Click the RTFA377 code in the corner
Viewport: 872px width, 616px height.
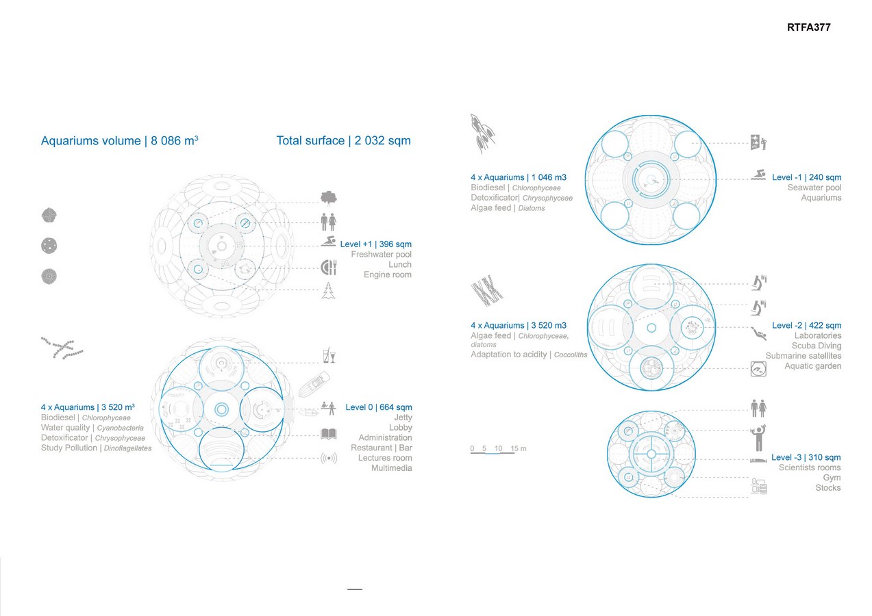808,27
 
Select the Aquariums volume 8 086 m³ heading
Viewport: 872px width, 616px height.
119,140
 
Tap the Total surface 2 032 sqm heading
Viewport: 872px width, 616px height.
343,140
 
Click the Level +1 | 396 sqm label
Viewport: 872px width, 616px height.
375,244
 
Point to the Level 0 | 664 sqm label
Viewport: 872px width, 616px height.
379,407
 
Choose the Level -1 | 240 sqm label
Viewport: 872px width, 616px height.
807,177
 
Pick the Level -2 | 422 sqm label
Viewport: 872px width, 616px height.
807,325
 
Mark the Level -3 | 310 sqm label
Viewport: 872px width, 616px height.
806,457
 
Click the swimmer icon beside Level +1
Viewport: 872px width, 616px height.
329,241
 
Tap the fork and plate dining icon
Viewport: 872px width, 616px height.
329,267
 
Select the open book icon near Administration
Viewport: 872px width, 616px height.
329,434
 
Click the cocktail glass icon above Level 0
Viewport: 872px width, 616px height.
329,355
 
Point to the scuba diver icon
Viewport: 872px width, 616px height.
759,333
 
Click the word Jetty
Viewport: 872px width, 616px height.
403,418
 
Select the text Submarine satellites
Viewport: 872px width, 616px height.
803,355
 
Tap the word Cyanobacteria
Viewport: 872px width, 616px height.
121,428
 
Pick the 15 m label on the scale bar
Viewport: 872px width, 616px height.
518,448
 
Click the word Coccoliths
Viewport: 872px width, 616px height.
571,355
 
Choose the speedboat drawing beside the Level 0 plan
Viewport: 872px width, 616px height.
314,384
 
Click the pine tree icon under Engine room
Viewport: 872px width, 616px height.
329,290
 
